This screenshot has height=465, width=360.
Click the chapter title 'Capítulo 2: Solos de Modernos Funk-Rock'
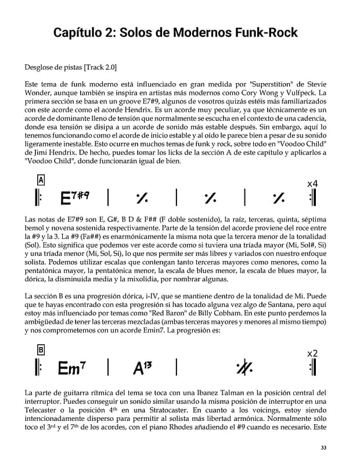click(x=175, y=32)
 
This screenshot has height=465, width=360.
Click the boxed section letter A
click(x=41, y=180)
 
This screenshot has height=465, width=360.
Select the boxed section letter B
click(x=41, y=350)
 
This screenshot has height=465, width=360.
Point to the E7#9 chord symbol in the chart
click(x=75, y=199)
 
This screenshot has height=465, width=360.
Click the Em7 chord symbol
click(x=73, y=368)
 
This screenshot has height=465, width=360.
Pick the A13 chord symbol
click(x=142, y=368)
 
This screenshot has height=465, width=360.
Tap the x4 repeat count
click(x=312, y=184)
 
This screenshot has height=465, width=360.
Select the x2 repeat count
click(x=312, y=353)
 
